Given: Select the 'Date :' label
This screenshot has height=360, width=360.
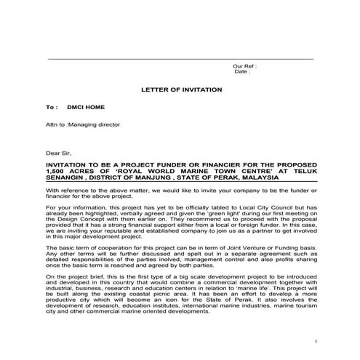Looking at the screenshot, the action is click(242, 72).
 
